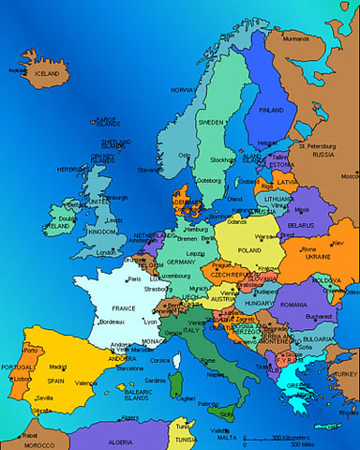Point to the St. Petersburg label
pyautogui.click(x=316, y=146)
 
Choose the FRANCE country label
pyautogui.click(x=124, y=307)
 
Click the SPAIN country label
pyautogui.click(x=55, y=382)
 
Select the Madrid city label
pyautogui.click(x=58, y=367)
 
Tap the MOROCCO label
pyautogui.click(x=38, y=443)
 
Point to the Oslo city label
pyautogui.click(x=185, y=155)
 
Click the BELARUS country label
pyautogui.click(x=300, y=226)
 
